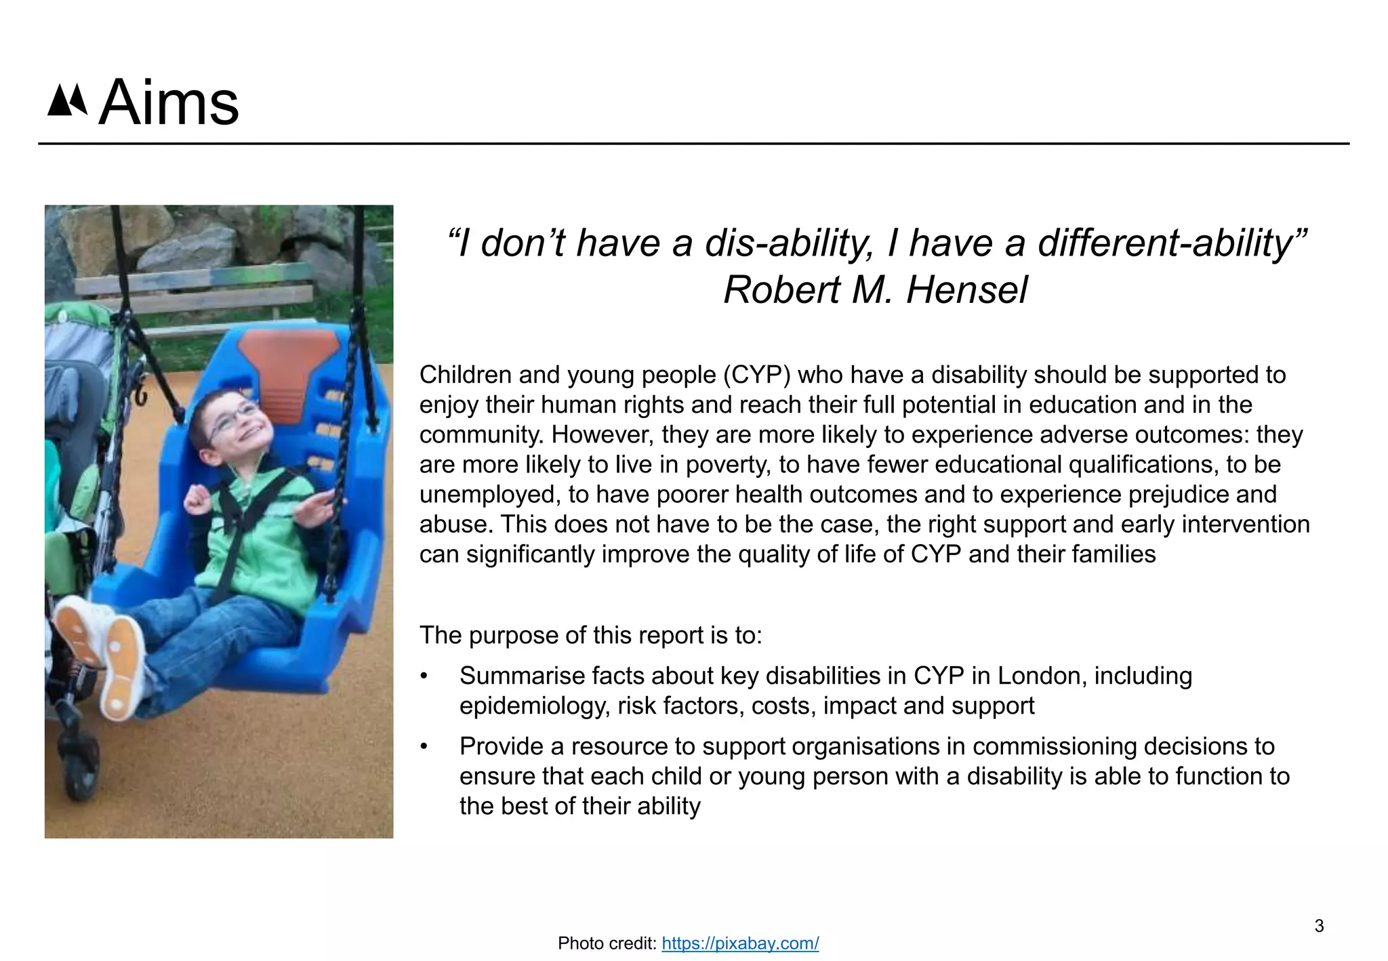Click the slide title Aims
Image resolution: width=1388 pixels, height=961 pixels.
169,104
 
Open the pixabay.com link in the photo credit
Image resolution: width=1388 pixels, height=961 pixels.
740,943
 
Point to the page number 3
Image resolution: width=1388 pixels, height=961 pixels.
1319,926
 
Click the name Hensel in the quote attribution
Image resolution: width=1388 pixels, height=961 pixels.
966,290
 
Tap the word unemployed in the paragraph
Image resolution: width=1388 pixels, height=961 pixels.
489,495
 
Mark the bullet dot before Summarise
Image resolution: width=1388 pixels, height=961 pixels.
424,676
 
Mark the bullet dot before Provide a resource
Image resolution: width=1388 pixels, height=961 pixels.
424,747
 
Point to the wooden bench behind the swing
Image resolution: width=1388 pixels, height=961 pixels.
197,292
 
